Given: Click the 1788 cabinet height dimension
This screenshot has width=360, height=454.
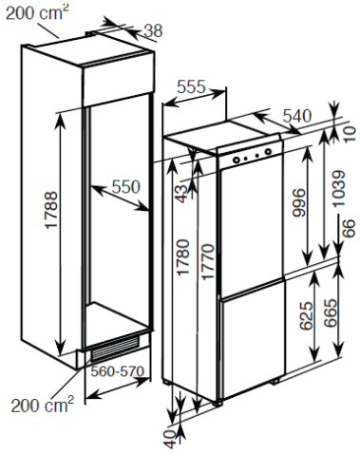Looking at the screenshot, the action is [x=51, y=210].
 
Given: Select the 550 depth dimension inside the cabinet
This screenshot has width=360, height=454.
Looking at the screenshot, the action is [x=126, y=187].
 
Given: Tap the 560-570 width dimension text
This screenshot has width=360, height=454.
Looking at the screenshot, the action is [x=117, y=371].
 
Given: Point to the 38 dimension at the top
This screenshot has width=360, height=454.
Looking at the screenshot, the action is [x=153, y=31].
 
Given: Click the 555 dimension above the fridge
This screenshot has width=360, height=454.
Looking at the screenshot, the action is [x=192, y=86].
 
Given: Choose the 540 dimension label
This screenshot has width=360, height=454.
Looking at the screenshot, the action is [x=297, y=116].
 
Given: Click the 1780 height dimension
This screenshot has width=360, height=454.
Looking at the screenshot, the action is [x=183, y=257].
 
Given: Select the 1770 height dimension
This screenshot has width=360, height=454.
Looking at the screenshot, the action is [x=208, y=262].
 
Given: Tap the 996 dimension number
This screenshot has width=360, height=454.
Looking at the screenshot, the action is [x=298, y=203].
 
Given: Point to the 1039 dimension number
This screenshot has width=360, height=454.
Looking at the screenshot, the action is [x=338, y=189].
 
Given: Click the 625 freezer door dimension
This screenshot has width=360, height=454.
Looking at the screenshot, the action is [x=306, y=315].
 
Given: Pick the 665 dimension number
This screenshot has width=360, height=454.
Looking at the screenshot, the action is [x=331, y=312].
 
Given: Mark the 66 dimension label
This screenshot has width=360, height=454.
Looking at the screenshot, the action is [x=348, y=228].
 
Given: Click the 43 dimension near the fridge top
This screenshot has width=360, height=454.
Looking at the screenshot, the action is [x=182, y=194].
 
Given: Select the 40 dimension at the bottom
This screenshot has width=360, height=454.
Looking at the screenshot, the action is [x=170, y=439].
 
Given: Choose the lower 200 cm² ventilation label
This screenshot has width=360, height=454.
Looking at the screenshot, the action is [x=43, y=405].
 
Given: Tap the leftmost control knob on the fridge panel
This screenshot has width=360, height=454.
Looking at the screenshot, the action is [x=236, y=160].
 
